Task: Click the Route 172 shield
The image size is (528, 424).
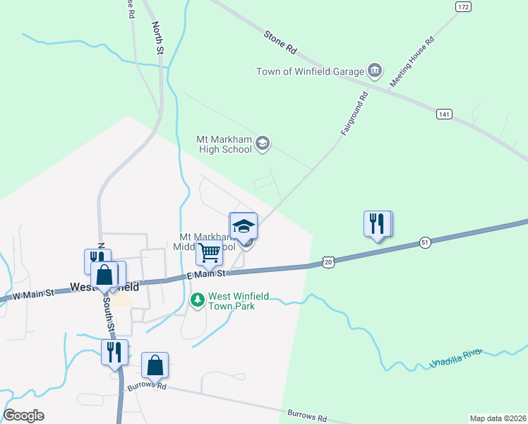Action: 462,6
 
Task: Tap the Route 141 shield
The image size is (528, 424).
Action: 444,114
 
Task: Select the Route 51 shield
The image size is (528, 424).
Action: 424,242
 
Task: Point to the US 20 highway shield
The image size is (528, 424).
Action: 328,261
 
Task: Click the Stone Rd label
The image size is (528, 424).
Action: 280,42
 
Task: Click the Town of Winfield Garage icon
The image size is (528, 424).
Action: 375,71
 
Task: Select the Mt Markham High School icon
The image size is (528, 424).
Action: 263,144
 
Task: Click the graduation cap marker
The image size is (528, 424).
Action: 244,226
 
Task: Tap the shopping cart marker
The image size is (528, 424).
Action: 209,252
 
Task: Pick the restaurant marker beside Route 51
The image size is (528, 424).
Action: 378,224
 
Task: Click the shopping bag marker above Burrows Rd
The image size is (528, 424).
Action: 155,365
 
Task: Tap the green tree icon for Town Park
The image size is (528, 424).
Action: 198,300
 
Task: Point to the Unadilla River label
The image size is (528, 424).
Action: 456,358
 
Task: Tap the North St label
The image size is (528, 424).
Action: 157,37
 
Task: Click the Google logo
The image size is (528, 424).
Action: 24,415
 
